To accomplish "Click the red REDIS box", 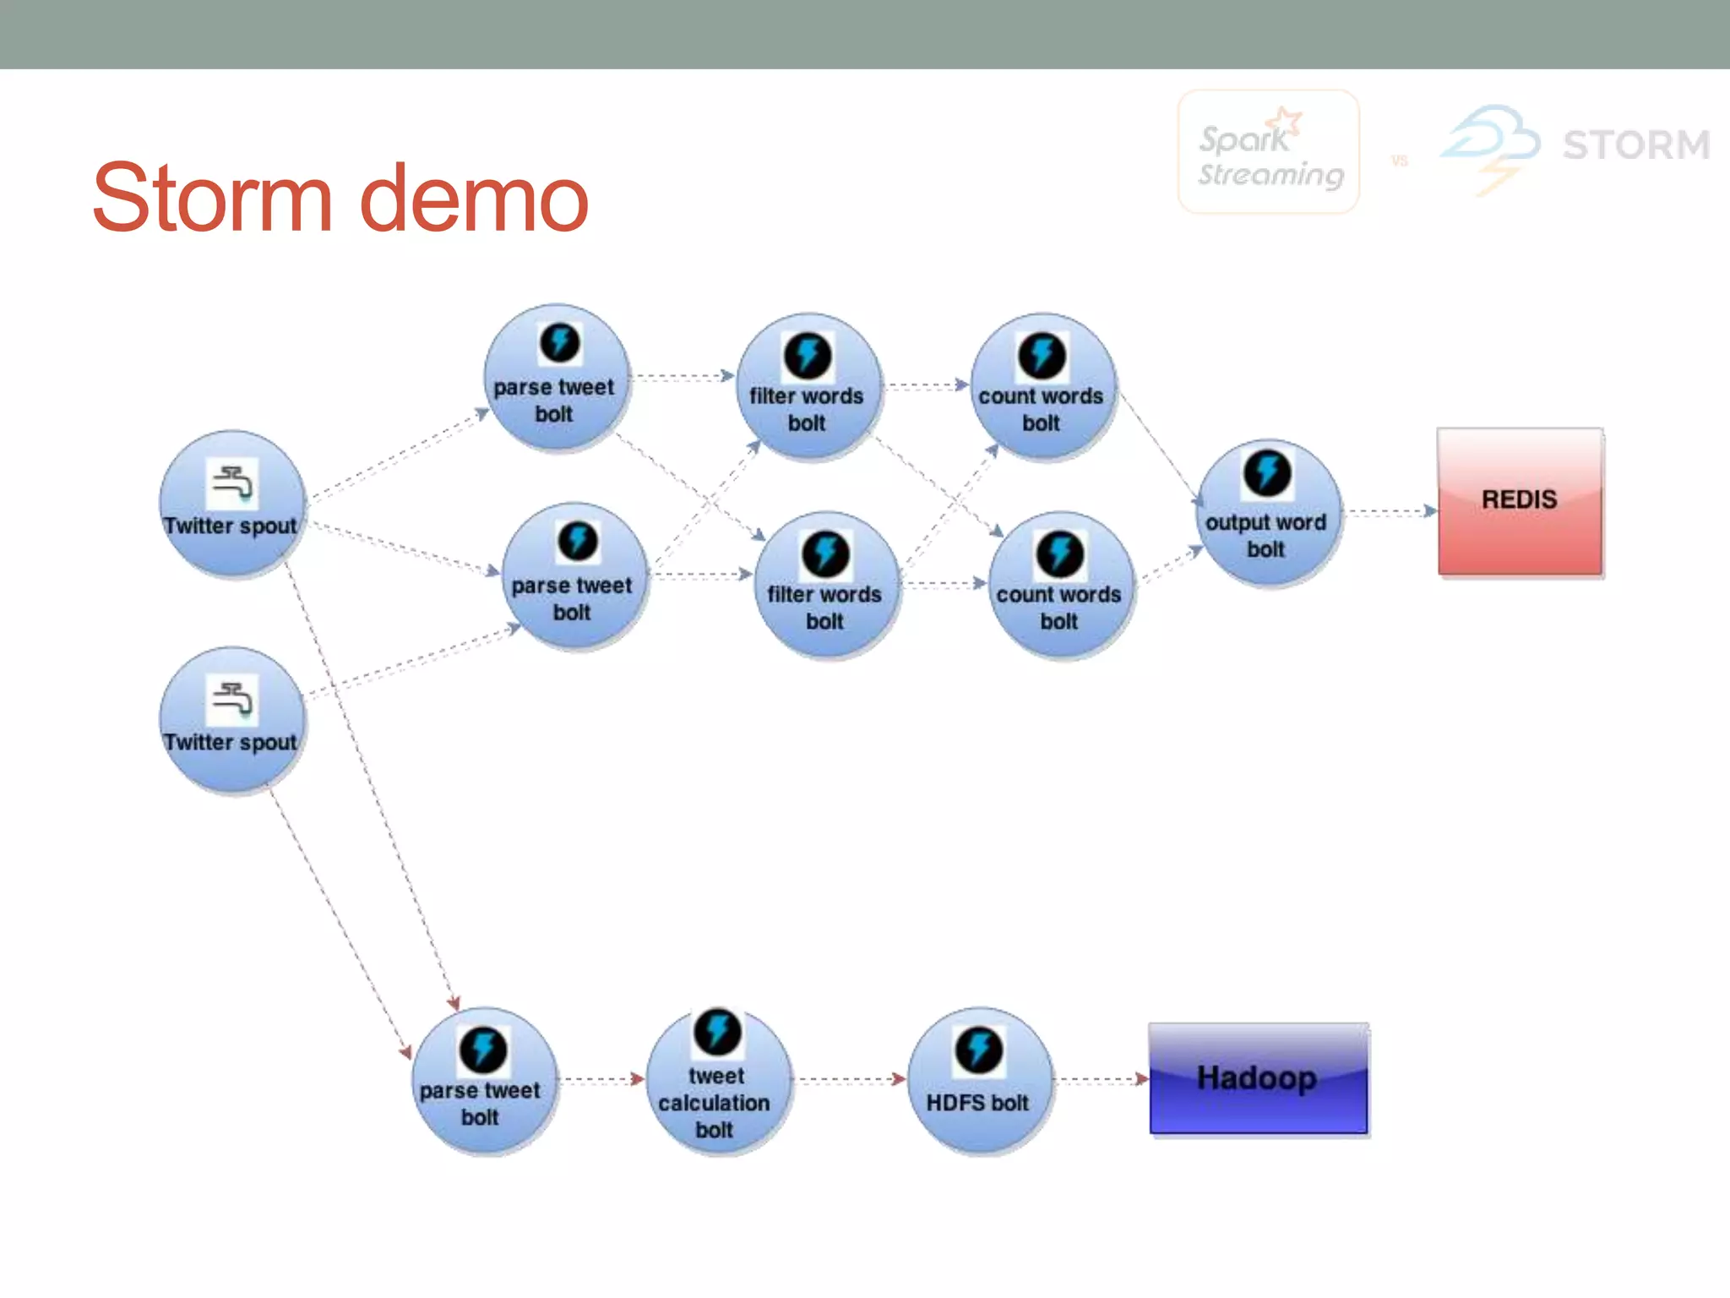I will point(1519,501).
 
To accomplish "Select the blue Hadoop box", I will point(1258,1078).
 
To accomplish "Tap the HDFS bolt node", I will point(979,1080).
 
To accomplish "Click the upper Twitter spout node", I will point(231,504).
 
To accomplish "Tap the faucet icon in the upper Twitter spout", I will point(232,483).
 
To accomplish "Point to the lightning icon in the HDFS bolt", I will point(978,1050).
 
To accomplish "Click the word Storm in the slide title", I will point(212,199).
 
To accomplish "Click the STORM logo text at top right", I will point(1635,145).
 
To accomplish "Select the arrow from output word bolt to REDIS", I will point(1390,511).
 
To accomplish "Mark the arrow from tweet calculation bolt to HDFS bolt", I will point(850,1079).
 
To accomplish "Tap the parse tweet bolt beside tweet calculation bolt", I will point(482,1080).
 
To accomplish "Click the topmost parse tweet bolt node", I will point(556,378).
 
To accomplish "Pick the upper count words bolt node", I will point(1042,386).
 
